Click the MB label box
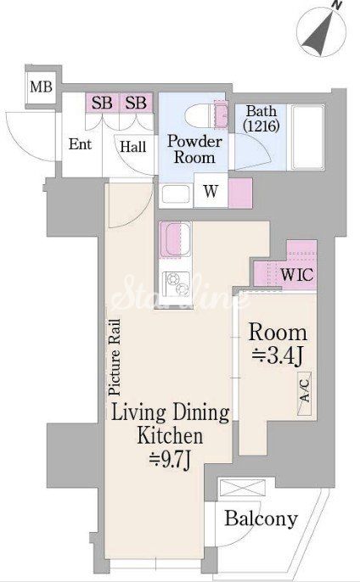(41, 87)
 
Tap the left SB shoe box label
(102, 103)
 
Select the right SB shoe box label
(136, 103)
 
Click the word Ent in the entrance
(80, 144)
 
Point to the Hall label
(133, 147)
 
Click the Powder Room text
(194, 149)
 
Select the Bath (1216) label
(262, 119)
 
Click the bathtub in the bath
(307, 137)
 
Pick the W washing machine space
(211, 191)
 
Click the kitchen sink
(175, 240)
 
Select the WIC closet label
(297, 275)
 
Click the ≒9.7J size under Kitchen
(170, 460)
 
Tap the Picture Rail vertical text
(115, 357)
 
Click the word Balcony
(262, 518)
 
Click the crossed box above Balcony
(242, 487)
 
